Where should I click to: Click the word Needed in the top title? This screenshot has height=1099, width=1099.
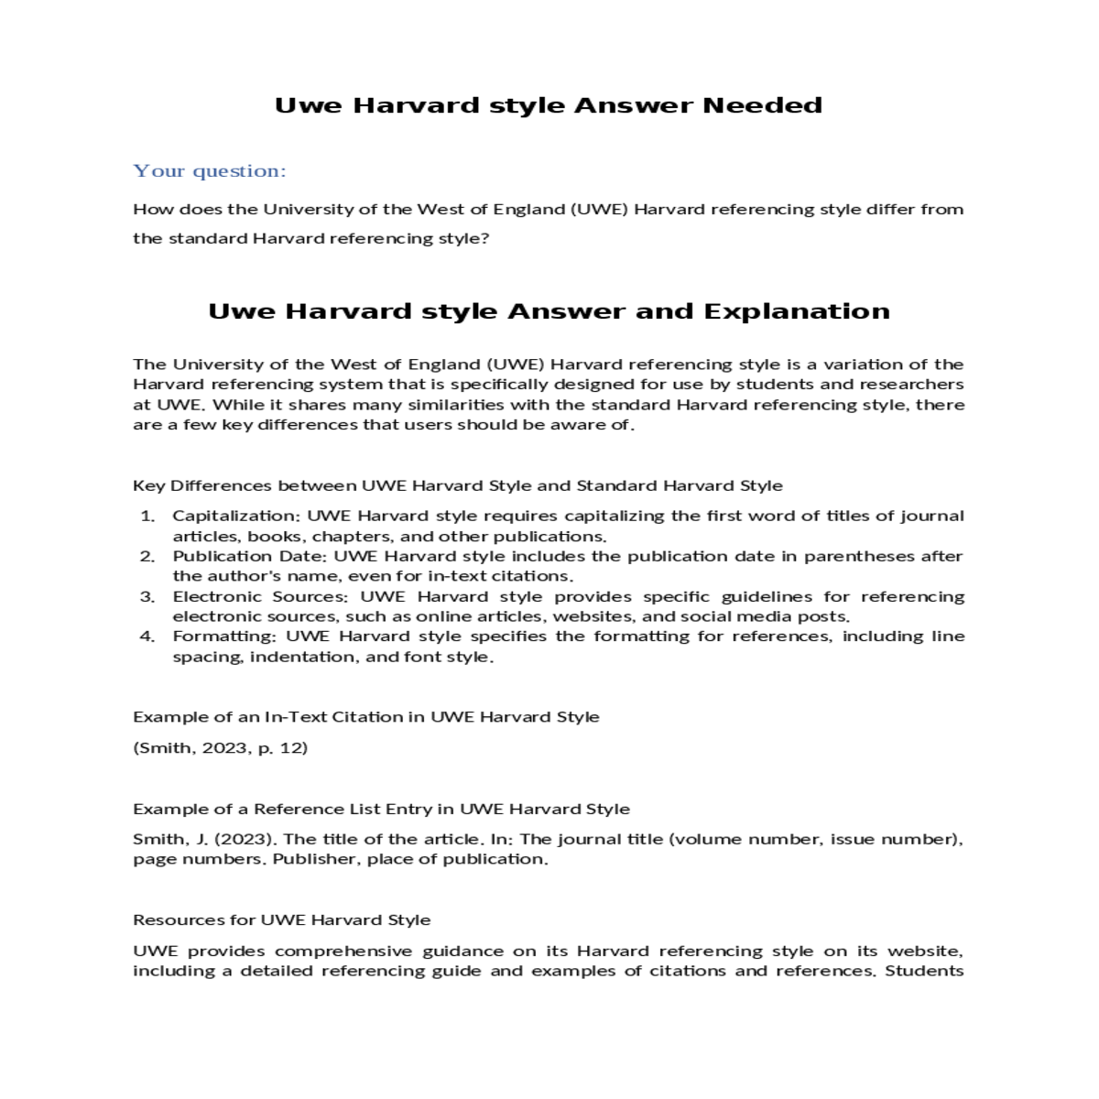762,105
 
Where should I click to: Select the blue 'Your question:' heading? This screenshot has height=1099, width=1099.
210,171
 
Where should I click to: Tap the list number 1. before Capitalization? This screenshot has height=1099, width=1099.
147,517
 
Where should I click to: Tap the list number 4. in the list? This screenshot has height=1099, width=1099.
147,637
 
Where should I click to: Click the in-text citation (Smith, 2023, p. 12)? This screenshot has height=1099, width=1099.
221,748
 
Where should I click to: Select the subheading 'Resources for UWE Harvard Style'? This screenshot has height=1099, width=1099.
282,920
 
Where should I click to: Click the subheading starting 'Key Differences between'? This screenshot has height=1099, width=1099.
458,486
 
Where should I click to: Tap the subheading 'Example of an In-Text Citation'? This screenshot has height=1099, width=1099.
366,717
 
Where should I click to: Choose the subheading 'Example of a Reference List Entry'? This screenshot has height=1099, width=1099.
381,810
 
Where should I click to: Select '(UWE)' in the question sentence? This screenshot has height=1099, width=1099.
599,210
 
